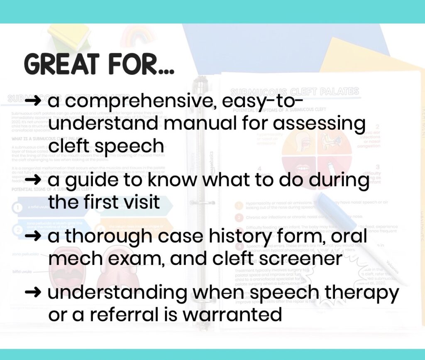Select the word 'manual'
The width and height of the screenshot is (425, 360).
pyautogui.click(x=207, y=124)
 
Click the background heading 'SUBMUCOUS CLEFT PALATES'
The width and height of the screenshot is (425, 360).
pyautogui.click(x=295, y=92)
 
